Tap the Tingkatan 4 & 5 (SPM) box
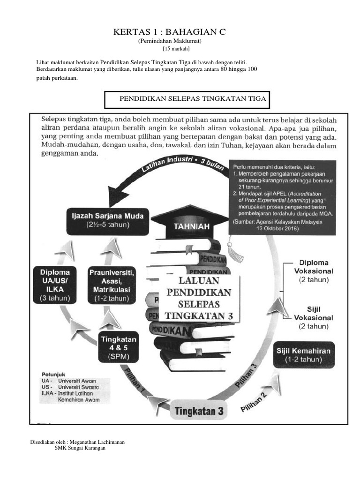click(119, 347)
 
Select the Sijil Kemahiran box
click(309, 355)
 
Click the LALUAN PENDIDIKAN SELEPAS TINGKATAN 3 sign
click(199, 298)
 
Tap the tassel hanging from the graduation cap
click(236, 251)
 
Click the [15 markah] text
click(176, 49)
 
